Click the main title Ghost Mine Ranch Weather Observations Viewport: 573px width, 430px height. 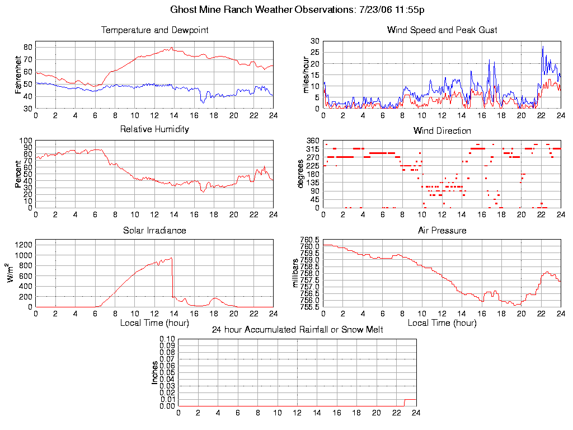[297, 10]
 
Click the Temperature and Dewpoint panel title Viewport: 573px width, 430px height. [154, 30]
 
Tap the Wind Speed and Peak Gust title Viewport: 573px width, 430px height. [442, 30]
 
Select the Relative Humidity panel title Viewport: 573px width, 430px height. [154, 129]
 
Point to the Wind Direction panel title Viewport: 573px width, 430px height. [442, 131]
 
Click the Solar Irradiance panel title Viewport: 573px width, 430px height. [154, 231]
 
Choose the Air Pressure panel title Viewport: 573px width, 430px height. [442, 231]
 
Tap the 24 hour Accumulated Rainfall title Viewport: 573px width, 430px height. [297, 330]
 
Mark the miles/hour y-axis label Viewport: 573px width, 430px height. [306, 74]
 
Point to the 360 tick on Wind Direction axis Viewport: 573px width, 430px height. [313, 141]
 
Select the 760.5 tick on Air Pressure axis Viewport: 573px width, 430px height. [309, 240]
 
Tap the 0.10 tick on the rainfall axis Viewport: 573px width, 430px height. [167, 339]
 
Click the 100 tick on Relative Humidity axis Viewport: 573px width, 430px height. [25, 141]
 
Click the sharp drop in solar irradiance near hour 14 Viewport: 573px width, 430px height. [172, 277]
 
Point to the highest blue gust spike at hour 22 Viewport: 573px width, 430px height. [542, 47]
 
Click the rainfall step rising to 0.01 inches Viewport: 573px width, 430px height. [405, 402]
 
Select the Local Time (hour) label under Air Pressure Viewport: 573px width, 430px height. [442, 323]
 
